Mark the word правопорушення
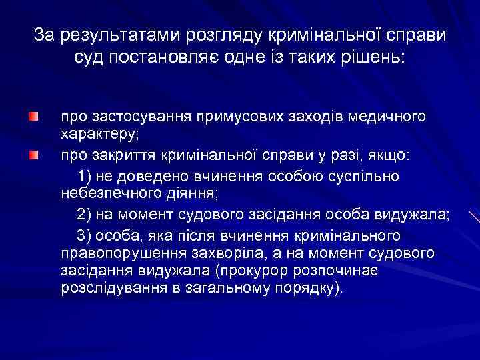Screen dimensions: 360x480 (x=111, y=253)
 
